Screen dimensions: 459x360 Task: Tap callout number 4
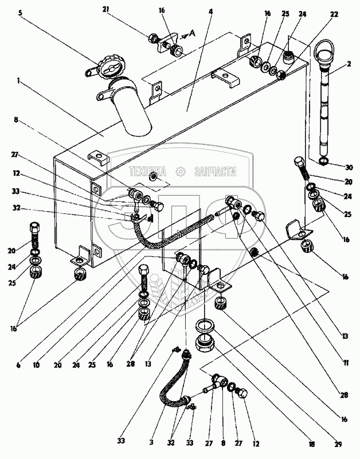tap(211, 11)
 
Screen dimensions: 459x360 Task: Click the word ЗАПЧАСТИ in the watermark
tap(216, 170)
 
